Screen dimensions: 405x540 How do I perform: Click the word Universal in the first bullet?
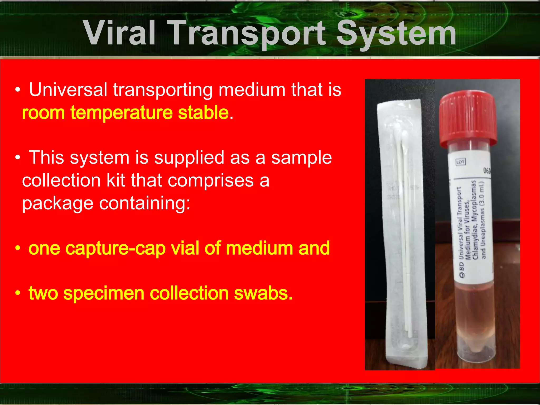tap(68, 90)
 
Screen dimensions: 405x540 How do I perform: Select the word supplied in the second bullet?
tap(189, 158)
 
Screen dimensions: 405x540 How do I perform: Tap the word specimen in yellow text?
tap(104, 293)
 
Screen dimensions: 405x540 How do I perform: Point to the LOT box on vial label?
tap(460, 162)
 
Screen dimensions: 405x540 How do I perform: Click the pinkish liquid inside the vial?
tap(475, 311)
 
